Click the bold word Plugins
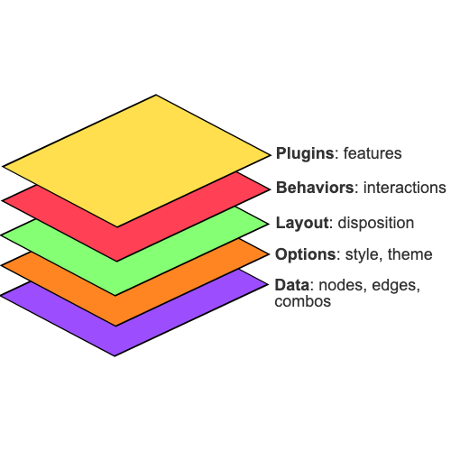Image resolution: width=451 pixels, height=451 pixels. click(304, 153)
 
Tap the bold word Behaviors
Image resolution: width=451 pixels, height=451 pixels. click(314, 188)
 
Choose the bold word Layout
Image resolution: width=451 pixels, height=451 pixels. click(300, 222)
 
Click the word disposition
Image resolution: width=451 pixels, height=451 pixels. click(375, 222)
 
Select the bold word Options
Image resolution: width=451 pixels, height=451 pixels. click(304, 254)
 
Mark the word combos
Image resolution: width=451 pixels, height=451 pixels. click(302, 302)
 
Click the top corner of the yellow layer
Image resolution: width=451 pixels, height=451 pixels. click(157, 96)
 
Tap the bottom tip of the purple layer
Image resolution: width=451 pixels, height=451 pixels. click(115, 354)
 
